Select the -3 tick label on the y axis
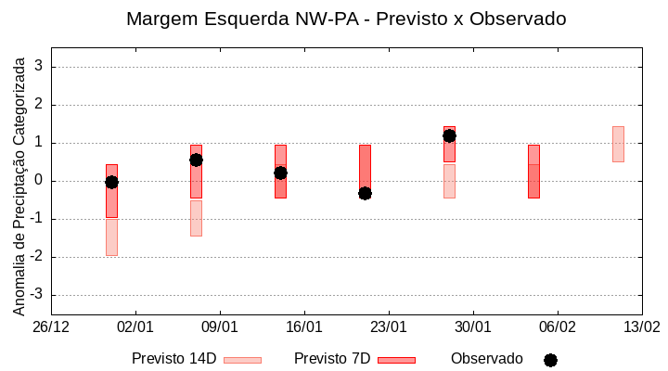36,295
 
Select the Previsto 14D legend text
173,359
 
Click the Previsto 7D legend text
332,359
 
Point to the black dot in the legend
550,360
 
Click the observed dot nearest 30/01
449,135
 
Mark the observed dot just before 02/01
111,182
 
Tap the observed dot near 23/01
365,193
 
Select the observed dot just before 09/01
196,160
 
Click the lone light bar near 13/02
618,144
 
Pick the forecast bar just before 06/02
533,172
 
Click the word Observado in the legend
487,359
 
